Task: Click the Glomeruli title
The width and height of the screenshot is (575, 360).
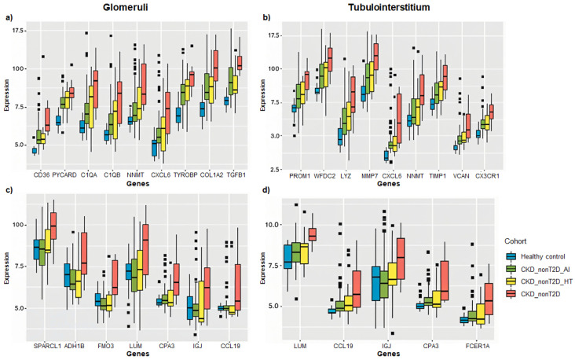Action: pos(125,7)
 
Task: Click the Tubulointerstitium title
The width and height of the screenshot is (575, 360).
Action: pos(389,7)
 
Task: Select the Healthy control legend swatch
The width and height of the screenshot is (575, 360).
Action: pos(511,256)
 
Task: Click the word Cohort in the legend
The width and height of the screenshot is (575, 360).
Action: pos(515,241)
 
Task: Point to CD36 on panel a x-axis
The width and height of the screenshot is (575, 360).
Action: pos(39,175)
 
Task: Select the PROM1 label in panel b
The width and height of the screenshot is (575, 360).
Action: pos(299,176)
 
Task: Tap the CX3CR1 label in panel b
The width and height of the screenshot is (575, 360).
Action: pos(487,176)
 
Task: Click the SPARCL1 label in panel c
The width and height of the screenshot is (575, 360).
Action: pos(47,346)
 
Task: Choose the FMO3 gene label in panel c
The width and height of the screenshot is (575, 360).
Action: pos(105,346)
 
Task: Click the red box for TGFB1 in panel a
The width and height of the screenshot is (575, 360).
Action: pos(240,63)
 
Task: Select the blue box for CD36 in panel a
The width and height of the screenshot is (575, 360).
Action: pos(35,150)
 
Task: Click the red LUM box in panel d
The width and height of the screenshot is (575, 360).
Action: pos(313,234)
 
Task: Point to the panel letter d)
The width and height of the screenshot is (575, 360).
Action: pos(266,190)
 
